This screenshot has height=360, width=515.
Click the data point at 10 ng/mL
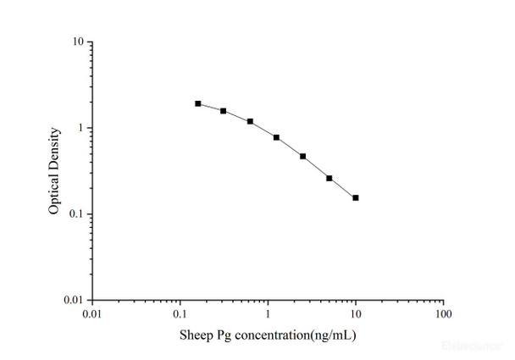pos(356,197)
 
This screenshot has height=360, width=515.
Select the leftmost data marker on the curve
pos(198,103)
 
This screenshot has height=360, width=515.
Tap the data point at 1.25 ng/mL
pos(276,137)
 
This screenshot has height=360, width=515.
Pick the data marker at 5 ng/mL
pos(329,178)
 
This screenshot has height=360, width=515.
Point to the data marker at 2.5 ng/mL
pos(302,156)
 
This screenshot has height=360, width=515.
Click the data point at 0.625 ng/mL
pos(250,121)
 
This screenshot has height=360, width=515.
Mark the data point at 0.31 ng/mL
pos(224,111)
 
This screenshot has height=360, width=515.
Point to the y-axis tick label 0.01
pos(72,300)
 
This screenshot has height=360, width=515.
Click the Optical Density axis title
pos(54,170)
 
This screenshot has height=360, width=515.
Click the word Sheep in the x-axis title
pos(196,335)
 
